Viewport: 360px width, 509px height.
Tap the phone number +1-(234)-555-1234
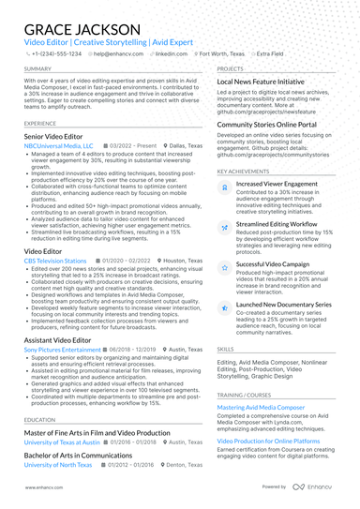[55, 54]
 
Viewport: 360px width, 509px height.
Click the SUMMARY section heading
[38, 69]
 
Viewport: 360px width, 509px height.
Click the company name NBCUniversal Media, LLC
[59, 146]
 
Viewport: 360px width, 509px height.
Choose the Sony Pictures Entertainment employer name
[62, 349]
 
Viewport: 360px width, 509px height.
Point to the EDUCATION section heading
[40, 420]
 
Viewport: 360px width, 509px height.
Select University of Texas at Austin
[62, 442]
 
